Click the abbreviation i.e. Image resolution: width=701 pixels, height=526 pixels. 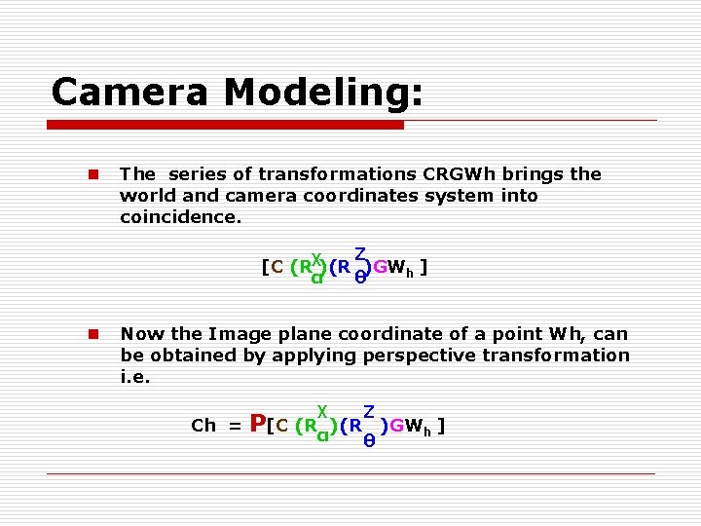point(135,377)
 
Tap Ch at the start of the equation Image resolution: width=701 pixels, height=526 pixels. point(203,426)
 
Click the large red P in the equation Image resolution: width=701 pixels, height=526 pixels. point(258,424)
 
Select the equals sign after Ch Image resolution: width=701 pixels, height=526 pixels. point(235,426)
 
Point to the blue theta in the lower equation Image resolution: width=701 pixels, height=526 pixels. point(369,441)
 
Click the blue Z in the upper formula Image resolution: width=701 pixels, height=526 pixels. point(359,254)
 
